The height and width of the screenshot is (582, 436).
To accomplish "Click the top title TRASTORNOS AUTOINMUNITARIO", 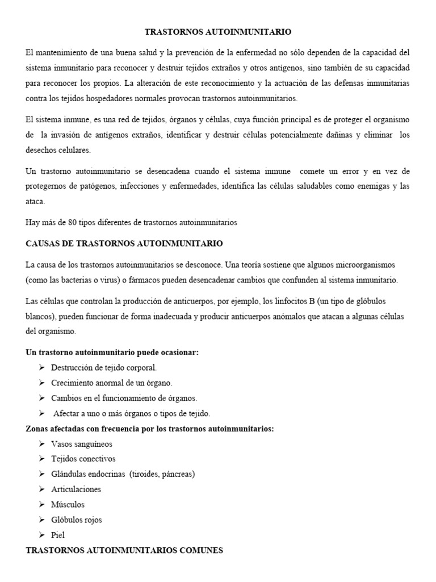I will (x=217, y=33).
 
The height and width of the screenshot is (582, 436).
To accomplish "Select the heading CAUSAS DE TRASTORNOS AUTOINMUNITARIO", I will (x=124, y=243).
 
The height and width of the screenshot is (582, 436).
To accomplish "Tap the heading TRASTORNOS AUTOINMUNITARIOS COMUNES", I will (x=124, y=550).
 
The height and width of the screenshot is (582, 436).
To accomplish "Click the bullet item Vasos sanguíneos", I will (x=82, y=444).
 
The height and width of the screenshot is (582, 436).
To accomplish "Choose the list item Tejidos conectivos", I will (x=83, y=459).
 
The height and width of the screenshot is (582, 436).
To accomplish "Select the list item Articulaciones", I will (x=76, y=489).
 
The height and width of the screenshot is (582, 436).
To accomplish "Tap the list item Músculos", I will (x=68, y=504).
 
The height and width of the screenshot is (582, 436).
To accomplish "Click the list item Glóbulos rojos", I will (x=77, y=519).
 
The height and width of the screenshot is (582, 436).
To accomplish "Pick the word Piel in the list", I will (x=58, y=535).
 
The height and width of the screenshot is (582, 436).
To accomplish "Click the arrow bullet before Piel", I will (x=42, y=535).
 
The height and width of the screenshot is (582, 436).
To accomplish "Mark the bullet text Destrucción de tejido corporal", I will (x=104, y=368).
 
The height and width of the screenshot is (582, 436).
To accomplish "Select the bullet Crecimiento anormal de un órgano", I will (x=111, y=383).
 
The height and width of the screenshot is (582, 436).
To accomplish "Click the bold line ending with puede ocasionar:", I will (x=112, y=352).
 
